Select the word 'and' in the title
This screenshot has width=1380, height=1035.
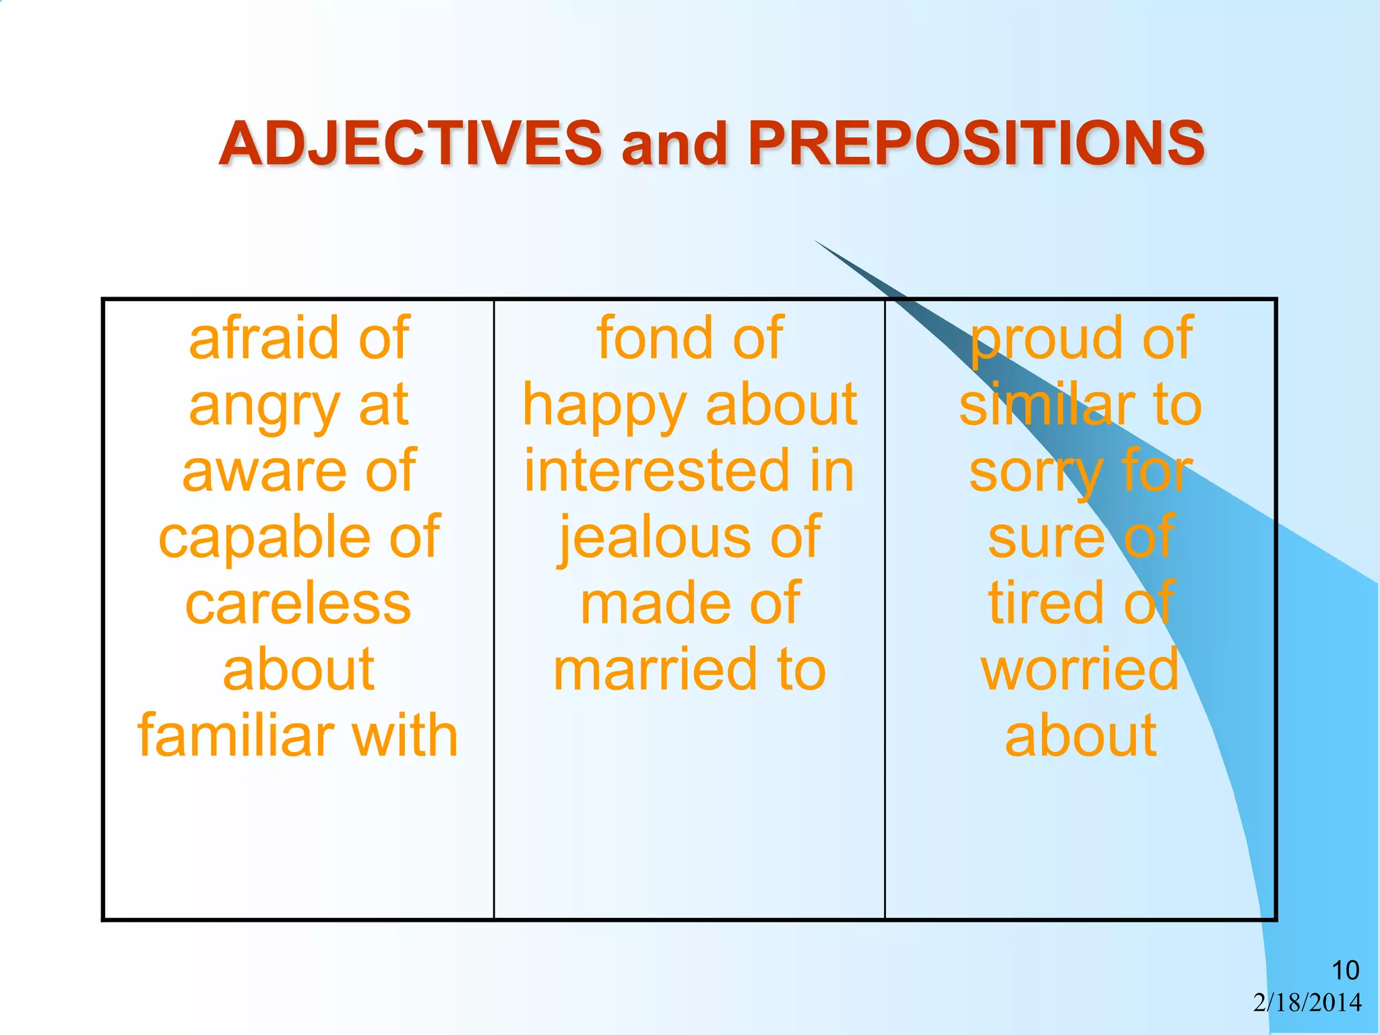coord(674,144)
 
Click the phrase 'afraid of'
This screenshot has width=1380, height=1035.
coord(299,338)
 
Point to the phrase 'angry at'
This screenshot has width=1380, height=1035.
coord(299,405)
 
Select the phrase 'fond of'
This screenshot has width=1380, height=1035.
coord(689,338)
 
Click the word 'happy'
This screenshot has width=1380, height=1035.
coord(604,406)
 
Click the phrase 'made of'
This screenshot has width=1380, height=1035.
coord(689,603)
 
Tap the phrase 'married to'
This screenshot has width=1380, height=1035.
coord(689,669)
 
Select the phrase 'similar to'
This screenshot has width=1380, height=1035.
coord(1080,405)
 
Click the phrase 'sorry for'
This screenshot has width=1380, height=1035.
coord(1080,472)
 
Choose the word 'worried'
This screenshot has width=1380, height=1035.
coord(1080,669)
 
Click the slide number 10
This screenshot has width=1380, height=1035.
coord(1345,970)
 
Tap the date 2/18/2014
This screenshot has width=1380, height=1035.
coord(1307,1003)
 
